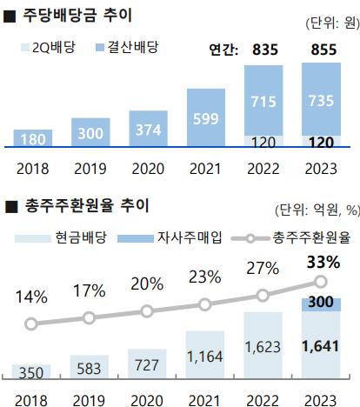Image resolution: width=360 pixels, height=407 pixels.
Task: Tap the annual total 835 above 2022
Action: [264, 50]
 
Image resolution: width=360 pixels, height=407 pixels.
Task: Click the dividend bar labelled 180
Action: [39, 137]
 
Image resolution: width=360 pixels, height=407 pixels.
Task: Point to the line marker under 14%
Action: [32, 324]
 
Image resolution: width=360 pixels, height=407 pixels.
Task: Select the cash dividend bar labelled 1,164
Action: [205, 356]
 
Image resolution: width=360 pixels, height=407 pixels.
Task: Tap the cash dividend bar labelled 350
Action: [32, 371]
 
